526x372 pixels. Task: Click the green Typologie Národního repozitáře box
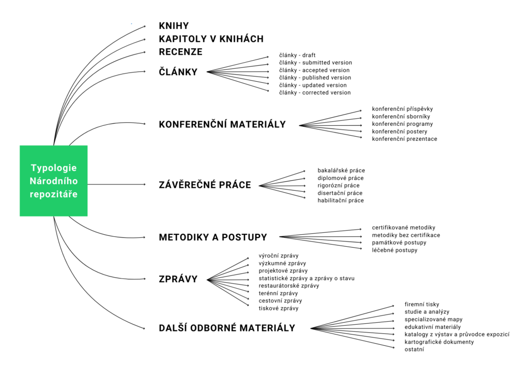pos(53,181)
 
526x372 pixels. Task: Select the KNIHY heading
pos(174,26)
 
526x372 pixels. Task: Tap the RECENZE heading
pos(181,52)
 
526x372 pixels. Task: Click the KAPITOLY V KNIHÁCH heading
pos(211,39)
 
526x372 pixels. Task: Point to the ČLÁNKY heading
pos(178,72)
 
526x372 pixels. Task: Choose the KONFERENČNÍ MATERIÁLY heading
pos(222,124)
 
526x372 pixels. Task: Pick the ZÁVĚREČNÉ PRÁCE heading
pos(205,185)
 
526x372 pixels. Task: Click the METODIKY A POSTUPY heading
pos(213,237)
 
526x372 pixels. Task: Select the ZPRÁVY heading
pos(178,279)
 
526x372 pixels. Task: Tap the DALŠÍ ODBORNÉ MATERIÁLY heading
pos(227,328)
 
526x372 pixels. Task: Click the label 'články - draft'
pos(297,55)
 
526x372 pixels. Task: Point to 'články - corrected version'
pos(315,93)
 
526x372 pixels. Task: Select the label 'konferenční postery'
pos(400,132)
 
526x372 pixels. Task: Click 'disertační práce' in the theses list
pos(340,193)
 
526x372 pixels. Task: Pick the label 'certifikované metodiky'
pos(404,228)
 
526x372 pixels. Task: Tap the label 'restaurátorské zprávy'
pos(289,286)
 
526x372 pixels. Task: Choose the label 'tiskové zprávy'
pos(278,308)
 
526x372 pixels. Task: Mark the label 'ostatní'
pos(415,349)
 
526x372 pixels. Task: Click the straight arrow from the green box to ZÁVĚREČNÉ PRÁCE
pos(117,184)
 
